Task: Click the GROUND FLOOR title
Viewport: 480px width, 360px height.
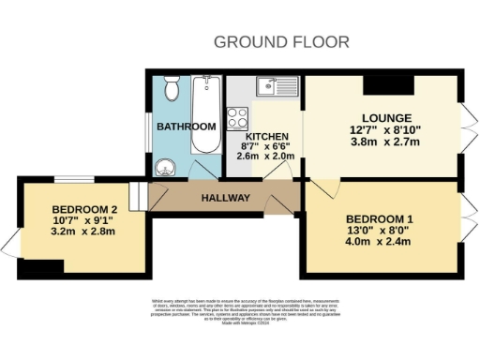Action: point(281,41)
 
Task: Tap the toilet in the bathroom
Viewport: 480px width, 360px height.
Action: point(170,90)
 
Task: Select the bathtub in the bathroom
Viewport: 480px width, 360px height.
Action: point(202,116)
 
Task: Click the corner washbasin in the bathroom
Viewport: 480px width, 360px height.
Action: point(166,167)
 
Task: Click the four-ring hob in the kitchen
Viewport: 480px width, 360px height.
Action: point(238,119)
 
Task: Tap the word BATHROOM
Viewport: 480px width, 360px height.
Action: point(186,127)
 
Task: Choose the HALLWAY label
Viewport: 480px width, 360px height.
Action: point(226,198)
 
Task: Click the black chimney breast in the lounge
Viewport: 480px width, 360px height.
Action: point(387,85)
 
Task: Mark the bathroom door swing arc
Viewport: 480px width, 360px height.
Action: point(202,169)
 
